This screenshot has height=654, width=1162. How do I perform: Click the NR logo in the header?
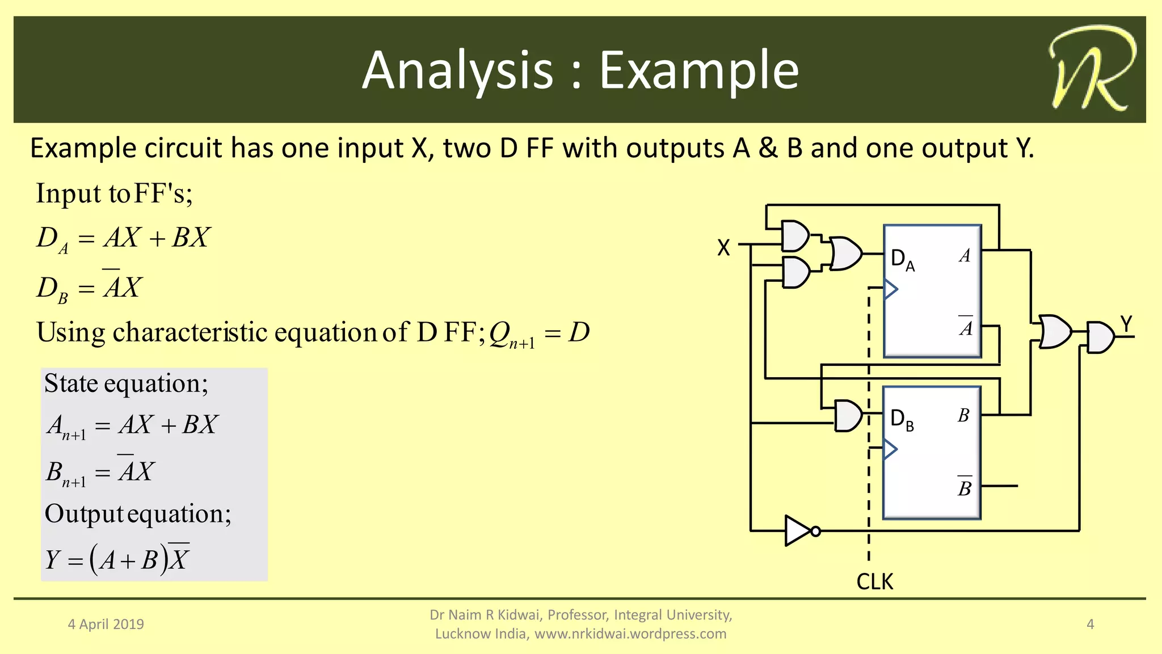point(1091,69)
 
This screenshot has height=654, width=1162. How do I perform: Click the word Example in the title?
point(698,70)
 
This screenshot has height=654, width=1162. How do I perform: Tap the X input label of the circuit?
point(723,248)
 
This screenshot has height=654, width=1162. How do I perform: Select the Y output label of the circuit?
point(1126,324)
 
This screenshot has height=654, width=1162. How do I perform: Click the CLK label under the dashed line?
point(874,582)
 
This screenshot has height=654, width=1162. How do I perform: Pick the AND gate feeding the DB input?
point(848,416)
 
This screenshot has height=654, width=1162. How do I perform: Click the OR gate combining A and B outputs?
point(1055,332)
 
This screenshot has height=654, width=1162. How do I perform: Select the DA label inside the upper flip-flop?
point(902,260)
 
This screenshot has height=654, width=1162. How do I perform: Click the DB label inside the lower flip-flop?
point(902,420)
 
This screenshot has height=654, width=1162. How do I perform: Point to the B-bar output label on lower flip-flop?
point(965,487)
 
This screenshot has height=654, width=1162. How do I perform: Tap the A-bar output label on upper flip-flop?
point(966,327)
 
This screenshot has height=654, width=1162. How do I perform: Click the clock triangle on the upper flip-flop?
point(891,289)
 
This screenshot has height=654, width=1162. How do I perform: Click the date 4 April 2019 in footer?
point(106,625)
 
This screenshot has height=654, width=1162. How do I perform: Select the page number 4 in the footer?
point(1090,625)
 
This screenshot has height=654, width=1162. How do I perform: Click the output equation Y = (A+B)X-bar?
point(117,559)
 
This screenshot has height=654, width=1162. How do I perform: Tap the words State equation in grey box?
point(126,384)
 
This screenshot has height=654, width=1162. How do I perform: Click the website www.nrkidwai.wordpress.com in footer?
point(630,634)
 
